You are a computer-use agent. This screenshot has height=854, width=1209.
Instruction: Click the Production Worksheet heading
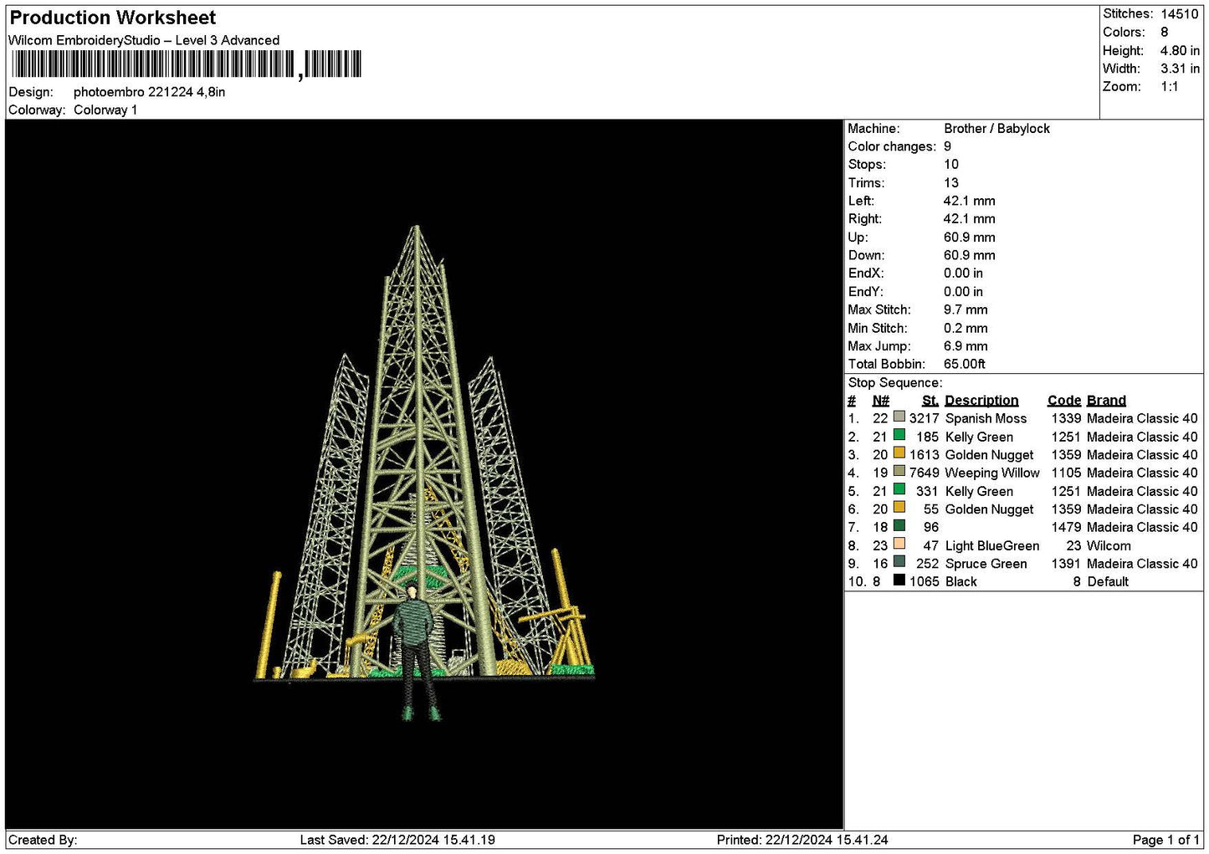(x=113, y=18)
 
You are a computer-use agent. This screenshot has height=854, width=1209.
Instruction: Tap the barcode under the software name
(x=187, y=64)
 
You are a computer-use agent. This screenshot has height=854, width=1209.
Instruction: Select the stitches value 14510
(x=1180, y=13)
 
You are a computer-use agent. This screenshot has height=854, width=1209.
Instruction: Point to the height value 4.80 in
(x=1180, y=50)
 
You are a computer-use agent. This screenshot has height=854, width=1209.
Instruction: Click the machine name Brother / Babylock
(x=996, y=129)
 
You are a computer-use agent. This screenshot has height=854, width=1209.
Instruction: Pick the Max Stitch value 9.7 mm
(x=966, y=309)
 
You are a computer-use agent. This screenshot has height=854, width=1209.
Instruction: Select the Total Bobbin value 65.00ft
(x=965, y=364)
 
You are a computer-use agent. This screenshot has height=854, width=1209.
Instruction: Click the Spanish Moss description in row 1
(x=986, y=419)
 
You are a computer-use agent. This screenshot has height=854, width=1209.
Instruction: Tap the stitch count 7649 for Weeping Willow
(x=924, y=473)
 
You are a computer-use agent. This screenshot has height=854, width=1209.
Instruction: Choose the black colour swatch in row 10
(x=899, y=580)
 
